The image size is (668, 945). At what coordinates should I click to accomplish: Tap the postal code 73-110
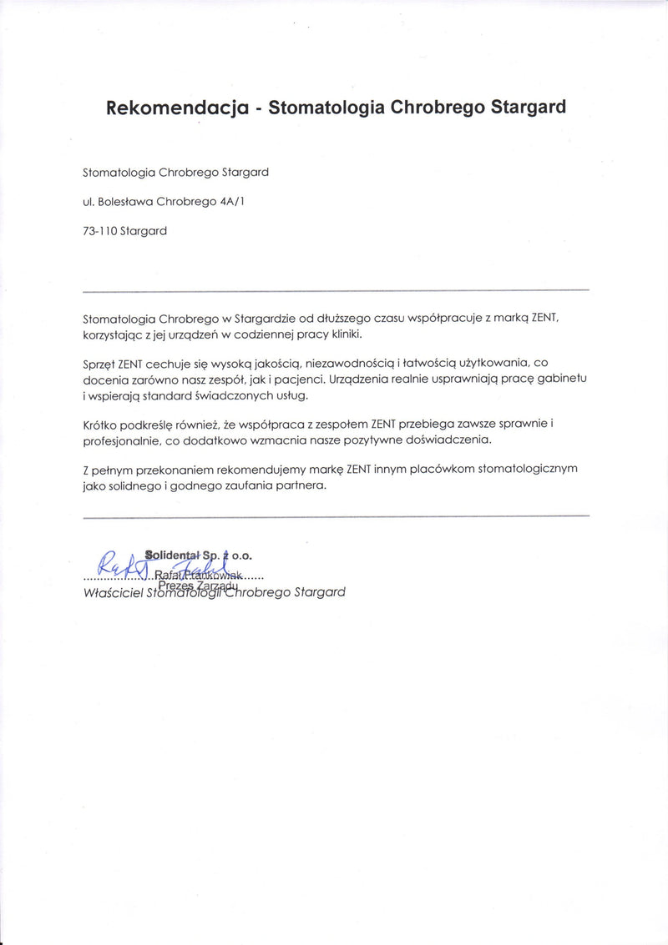coord(99,231)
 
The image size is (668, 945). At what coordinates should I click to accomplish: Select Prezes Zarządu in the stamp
coord(193,585)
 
